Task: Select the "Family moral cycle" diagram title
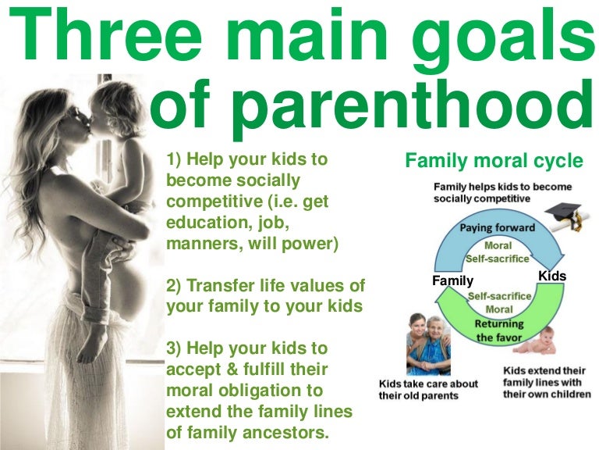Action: click(494, 162)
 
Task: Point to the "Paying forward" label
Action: click(497, 228)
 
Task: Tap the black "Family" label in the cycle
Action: click(453, 279)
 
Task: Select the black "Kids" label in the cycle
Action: click(552, 277)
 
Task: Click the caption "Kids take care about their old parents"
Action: click(428, 390)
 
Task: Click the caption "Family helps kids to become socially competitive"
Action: click(502, 193)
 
